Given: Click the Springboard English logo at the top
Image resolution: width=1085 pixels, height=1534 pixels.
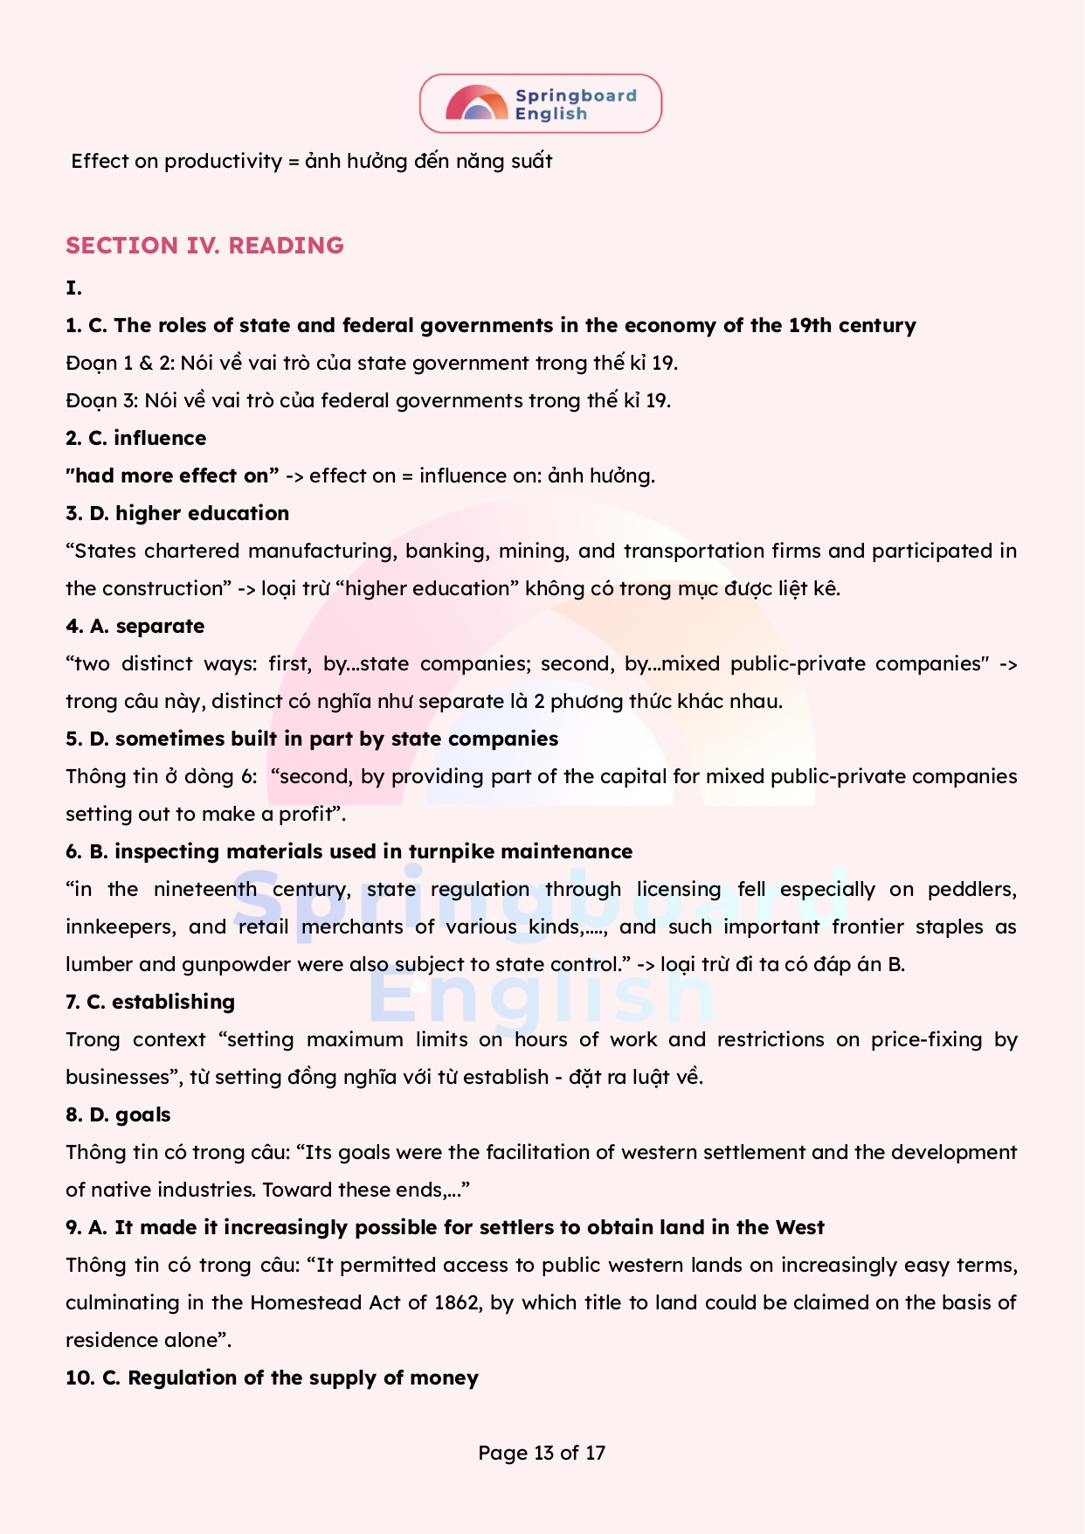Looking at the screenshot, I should point(541,104).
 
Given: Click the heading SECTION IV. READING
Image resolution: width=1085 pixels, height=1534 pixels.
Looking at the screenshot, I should point(204,246).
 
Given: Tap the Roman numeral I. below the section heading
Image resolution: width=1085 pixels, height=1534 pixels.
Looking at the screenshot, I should point(73,288).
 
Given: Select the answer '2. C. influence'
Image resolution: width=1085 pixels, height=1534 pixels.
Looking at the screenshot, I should point(136,438).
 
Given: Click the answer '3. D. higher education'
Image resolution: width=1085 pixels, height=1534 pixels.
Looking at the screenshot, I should point(177,513).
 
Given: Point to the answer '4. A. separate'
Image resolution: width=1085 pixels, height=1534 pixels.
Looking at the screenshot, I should point(135,626).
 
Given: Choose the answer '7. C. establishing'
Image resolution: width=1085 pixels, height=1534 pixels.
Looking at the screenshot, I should point(150,1002).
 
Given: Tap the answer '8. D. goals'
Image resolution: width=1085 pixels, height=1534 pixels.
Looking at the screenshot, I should point(118,1114).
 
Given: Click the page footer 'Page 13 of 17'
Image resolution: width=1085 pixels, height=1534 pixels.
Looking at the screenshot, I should point(542,1453).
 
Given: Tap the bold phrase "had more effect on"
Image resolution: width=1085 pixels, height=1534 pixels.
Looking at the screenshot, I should point(172,475).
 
